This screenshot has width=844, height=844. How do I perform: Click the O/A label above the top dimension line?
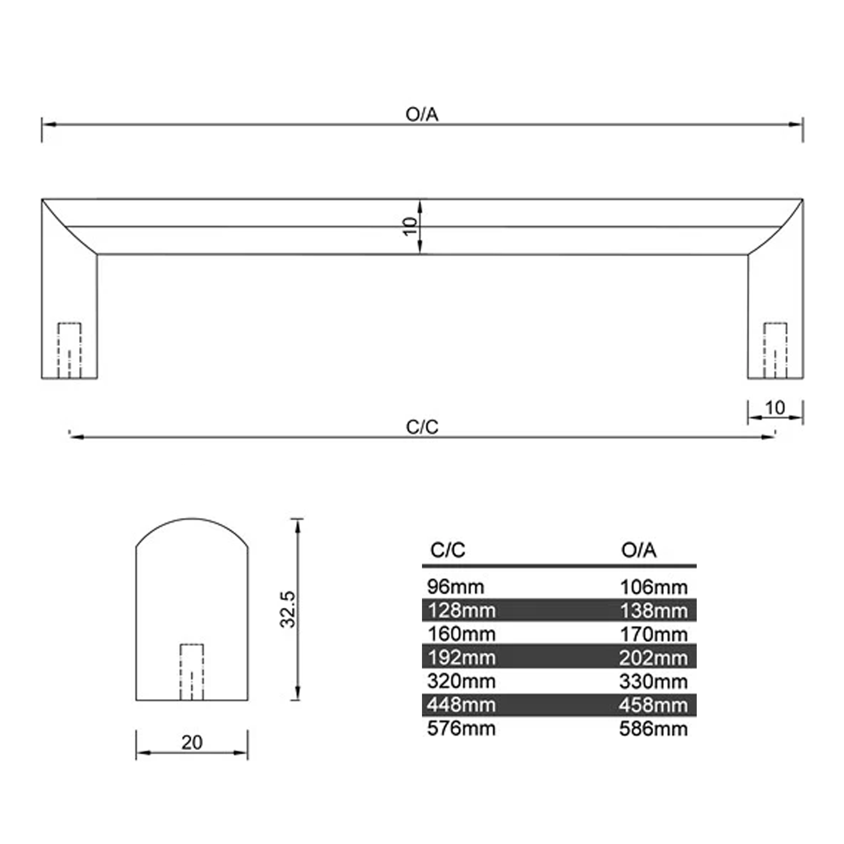pos(422,114)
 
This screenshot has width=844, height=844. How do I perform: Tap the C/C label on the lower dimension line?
pos(422,427)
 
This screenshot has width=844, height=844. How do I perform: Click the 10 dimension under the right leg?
pos(775,408)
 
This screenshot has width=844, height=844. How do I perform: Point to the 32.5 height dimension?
pos(288,609)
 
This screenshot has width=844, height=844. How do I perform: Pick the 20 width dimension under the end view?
pos(192,743)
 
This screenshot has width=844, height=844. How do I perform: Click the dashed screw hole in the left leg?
pos(70,350)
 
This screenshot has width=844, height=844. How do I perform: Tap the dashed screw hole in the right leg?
pos(775,350)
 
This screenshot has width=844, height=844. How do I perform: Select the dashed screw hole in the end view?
pos(192,672)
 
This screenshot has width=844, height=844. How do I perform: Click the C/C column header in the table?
pos(447,550)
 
